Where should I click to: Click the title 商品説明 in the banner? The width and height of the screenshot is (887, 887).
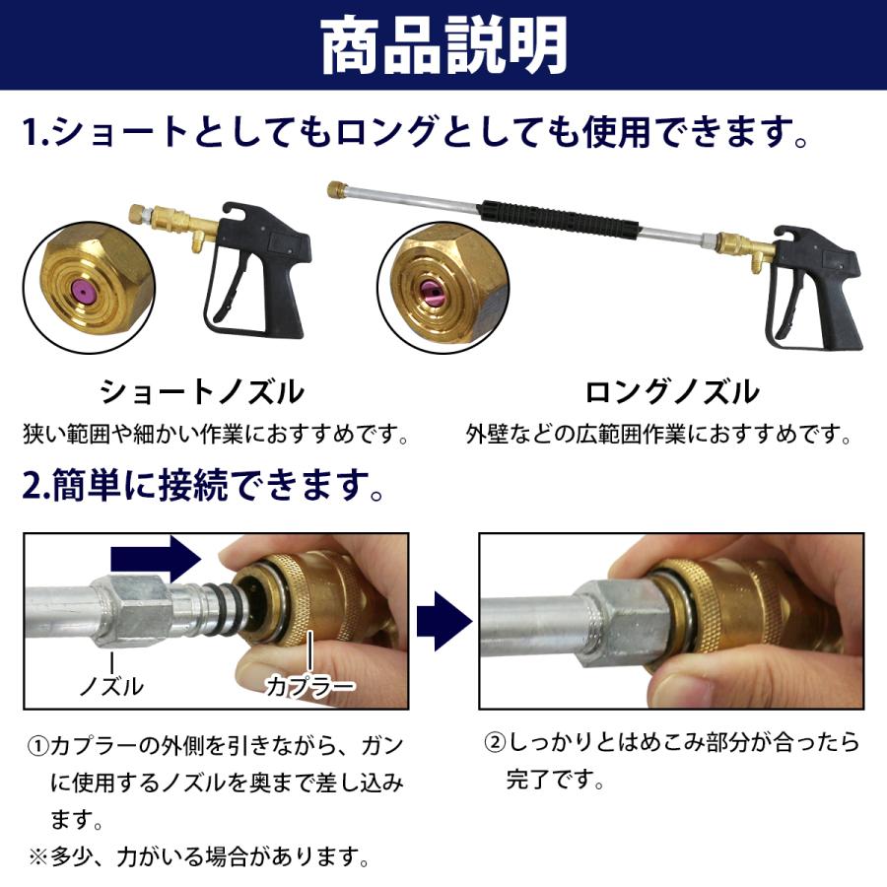[x=443, y=45]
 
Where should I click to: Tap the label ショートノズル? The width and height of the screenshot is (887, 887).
[x=201, y=392]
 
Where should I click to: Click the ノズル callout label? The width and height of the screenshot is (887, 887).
[x=110, y=685]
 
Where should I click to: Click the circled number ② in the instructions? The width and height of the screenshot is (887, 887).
[x=493, y=742]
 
